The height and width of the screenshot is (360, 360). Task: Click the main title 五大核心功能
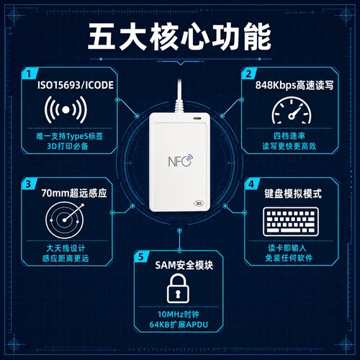click(x=179, y=37)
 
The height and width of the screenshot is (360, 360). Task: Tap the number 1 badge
click(x=30, y=73)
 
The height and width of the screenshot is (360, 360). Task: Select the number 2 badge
click(x=249, y=73)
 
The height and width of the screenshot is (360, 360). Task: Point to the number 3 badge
click(x=29, y=184)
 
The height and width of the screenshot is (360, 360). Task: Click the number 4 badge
click(x=251, y=184)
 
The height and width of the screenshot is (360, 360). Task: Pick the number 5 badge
click(x=141, y=256)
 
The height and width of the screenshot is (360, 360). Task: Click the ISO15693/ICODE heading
click(x=76, y=85)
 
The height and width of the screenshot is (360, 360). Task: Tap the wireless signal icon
click(x=66, y=109)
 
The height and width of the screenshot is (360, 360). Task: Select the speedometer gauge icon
click(x=292, y=110)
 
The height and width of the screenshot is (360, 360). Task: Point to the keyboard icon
click(x=291, y=222)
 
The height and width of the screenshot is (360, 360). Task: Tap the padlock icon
click(x=178, y=288)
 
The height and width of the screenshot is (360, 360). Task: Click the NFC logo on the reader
click(x=181, y=161)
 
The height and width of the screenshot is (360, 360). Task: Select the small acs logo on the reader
click(x=199, y=203)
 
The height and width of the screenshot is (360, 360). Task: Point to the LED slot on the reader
click(x=197, y=118)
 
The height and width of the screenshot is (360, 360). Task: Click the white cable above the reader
click(x=179, y=96)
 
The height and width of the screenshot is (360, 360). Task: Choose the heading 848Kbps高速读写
click(x=294, y=85)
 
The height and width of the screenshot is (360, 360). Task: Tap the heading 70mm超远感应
click(x=74, y=193)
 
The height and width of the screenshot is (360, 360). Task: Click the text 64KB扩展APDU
click(x=179, y=325)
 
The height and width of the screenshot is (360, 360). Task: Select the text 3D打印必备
click(x=68, y=146)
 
